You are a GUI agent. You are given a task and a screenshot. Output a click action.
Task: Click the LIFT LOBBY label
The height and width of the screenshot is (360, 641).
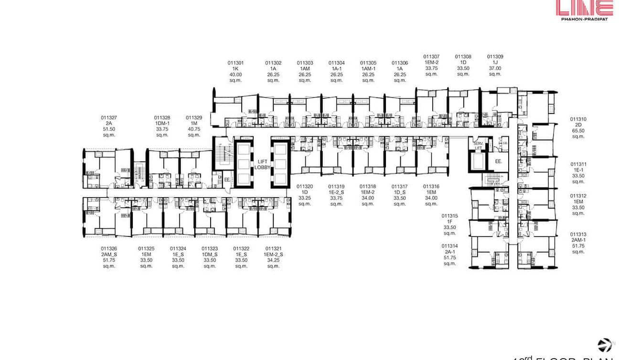pyautogui.click(x=262, y=164)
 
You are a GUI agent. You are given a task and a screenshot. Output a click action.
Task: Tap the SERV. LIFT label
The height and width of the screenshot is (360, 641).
pyautogui.click(x=478, y=145)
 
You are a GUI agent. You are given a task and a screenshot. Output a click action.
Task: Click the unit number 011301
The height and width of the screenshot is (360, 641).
pyautogui.click(x=235, y=63)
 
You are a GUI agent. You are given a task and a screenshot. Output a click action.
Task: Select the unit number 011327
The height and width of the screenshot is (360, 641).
pyautogui.click(x=109, y=117)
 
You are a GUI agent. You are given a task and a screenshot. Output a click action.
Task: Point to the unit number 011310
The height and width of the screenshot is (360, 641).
pyautogui.click(x=578, y=119)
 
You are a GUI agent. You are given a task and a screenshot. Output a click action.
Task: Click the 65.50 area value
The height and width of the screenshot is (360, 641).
pyautogui.click(x=578, y=131)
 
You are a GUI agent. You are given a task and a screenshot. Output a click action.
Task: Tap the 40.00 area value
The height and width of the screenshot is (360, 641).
pyautogui.click(x=235, y=74)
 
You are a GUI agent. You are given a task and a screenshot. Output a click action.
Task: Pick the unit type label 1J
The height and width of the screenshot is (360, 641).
pyautogui.click(x=495, y=62)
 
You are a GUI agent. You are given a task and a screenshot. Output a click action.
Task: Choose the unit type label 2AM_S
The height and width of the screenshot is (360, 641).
pyautogui.click(x=109, y=254)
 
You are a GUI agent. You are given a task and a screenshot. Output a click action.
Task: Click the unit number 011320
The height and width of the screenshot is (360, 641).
pyautogui.click(x=305, y=187)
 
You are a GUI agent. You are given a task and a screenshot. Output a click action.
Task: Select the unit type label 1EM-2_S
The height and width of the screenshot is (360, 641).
pyautogui.click(x=273, y=254)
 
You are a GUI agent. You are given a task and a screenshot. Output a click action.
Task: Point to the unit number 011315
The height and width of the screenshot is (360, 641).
pyautogui.click(x=449, y=216)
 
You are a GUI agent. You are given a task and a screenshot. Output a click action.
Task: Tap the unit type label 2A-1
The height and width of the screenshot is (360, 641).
pyautogui.click(x=449, y=252)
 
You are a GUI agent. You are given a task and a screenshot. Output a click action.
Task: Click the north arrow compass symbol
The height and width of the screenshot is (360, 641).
pyautogui.click(x=605, y=345)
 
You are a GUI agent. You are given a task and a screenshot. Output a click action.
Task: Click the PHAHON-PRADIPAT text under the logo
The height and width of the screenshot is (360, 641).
pyautogui.click(x=584, y=19)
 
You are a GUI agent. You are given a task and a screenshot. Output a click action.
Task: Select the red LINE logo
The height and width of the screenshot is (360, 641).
pyautogui.click(x=584, y=8)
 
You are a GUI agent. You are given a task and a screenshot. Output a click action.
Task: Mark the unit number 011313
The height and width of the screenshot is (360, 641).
pyautogui.click(x=578, y=234)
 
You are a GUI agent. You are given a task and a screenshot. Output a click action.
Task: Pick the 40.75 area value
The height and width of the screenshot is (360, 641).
pyautogui.click(x=194, y=129)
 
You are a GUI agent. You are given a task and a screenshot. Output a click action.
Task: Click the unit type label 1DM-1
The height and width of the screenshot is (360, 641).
pyautogui.click(x=162, y=123)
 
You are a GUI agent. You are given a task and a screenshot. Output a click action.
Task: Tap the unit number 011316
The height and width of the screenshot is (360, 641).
pyautogui.click(x=431, y=187)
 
